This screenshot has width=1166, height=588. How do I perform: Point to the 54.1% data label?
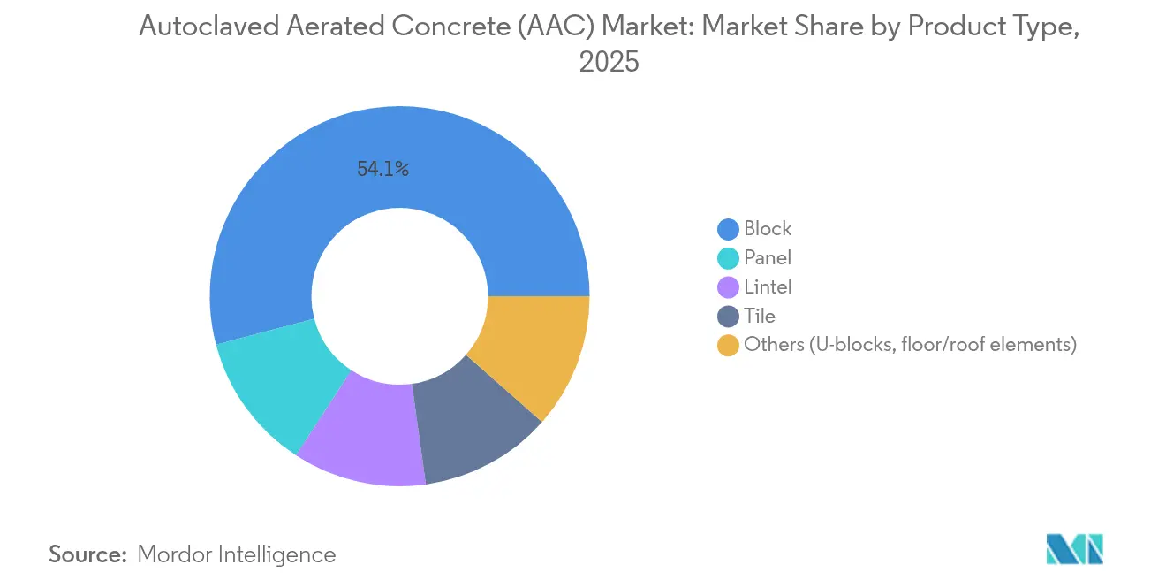382,170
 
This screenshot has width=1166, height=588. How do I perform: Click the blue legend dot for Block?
728,229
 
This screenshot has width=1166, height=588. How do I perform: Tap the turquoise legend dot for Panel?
728,258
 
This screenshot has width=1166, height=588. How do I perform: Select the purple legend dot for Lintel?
728,287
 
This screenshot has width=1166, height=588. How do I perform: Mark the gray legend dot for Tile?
728,317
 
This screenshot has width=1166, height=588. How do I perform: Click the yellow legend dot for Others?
728,346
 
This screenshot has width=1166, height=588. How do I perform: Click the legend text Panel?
767,258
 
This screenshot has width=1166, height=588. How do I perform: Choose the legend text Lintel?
768,287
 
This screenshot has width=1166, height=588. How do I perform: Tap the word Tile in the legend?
760,317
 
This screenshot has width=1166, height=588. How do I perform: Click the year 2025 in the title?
609,63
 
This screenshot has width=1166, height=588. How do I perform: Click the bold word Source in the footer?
88,554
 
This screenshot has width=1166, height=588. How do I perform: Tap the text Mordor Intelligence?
237,554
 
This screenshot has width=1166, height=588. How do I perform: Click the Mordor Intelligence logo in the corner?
1074,550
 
